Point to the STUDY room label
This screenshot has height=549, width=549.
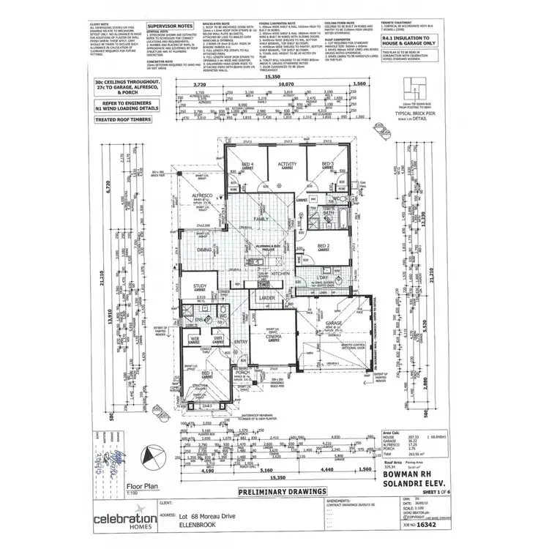pyautogui.click(x=200, y=286)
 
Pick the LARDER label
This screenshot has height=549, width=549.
pyautogui.click(x=266, y=298)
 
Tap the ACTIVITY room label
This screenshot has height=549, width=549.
pyautogui.click(x=287, y=164)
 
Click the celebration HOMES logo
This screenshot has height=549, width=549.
pyautogui.click(x=123, y=520)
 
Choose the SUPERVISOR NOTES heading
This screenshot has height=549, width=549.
pyautogui.click(x=170, y=24)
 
